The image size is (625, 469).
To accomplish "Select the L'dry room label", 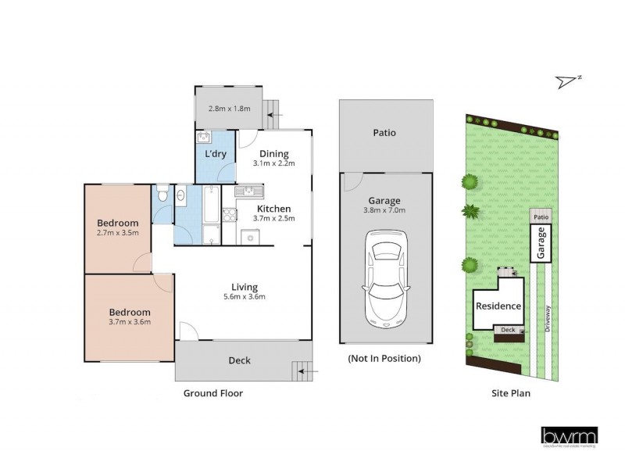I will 216,154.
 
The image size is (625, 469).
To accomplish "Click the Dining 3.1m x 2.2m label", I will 273,158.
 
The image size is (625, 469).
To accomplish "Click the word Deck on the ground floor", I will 239,360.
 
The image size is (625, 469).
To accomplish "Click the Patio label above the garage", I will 385,133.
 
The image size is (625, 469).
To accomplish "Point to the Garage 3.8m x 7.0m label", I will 385,204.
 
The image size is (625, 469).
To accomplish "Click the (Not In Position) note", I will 385,359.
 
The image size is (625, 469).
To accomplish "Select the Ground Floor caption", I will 212,393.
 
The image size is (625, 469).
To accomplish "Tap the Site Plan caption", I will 511,393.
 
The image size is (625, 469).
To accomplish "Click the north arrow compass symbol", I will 569,80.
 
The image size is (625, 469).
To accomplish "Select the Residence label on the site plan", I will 498,306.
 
